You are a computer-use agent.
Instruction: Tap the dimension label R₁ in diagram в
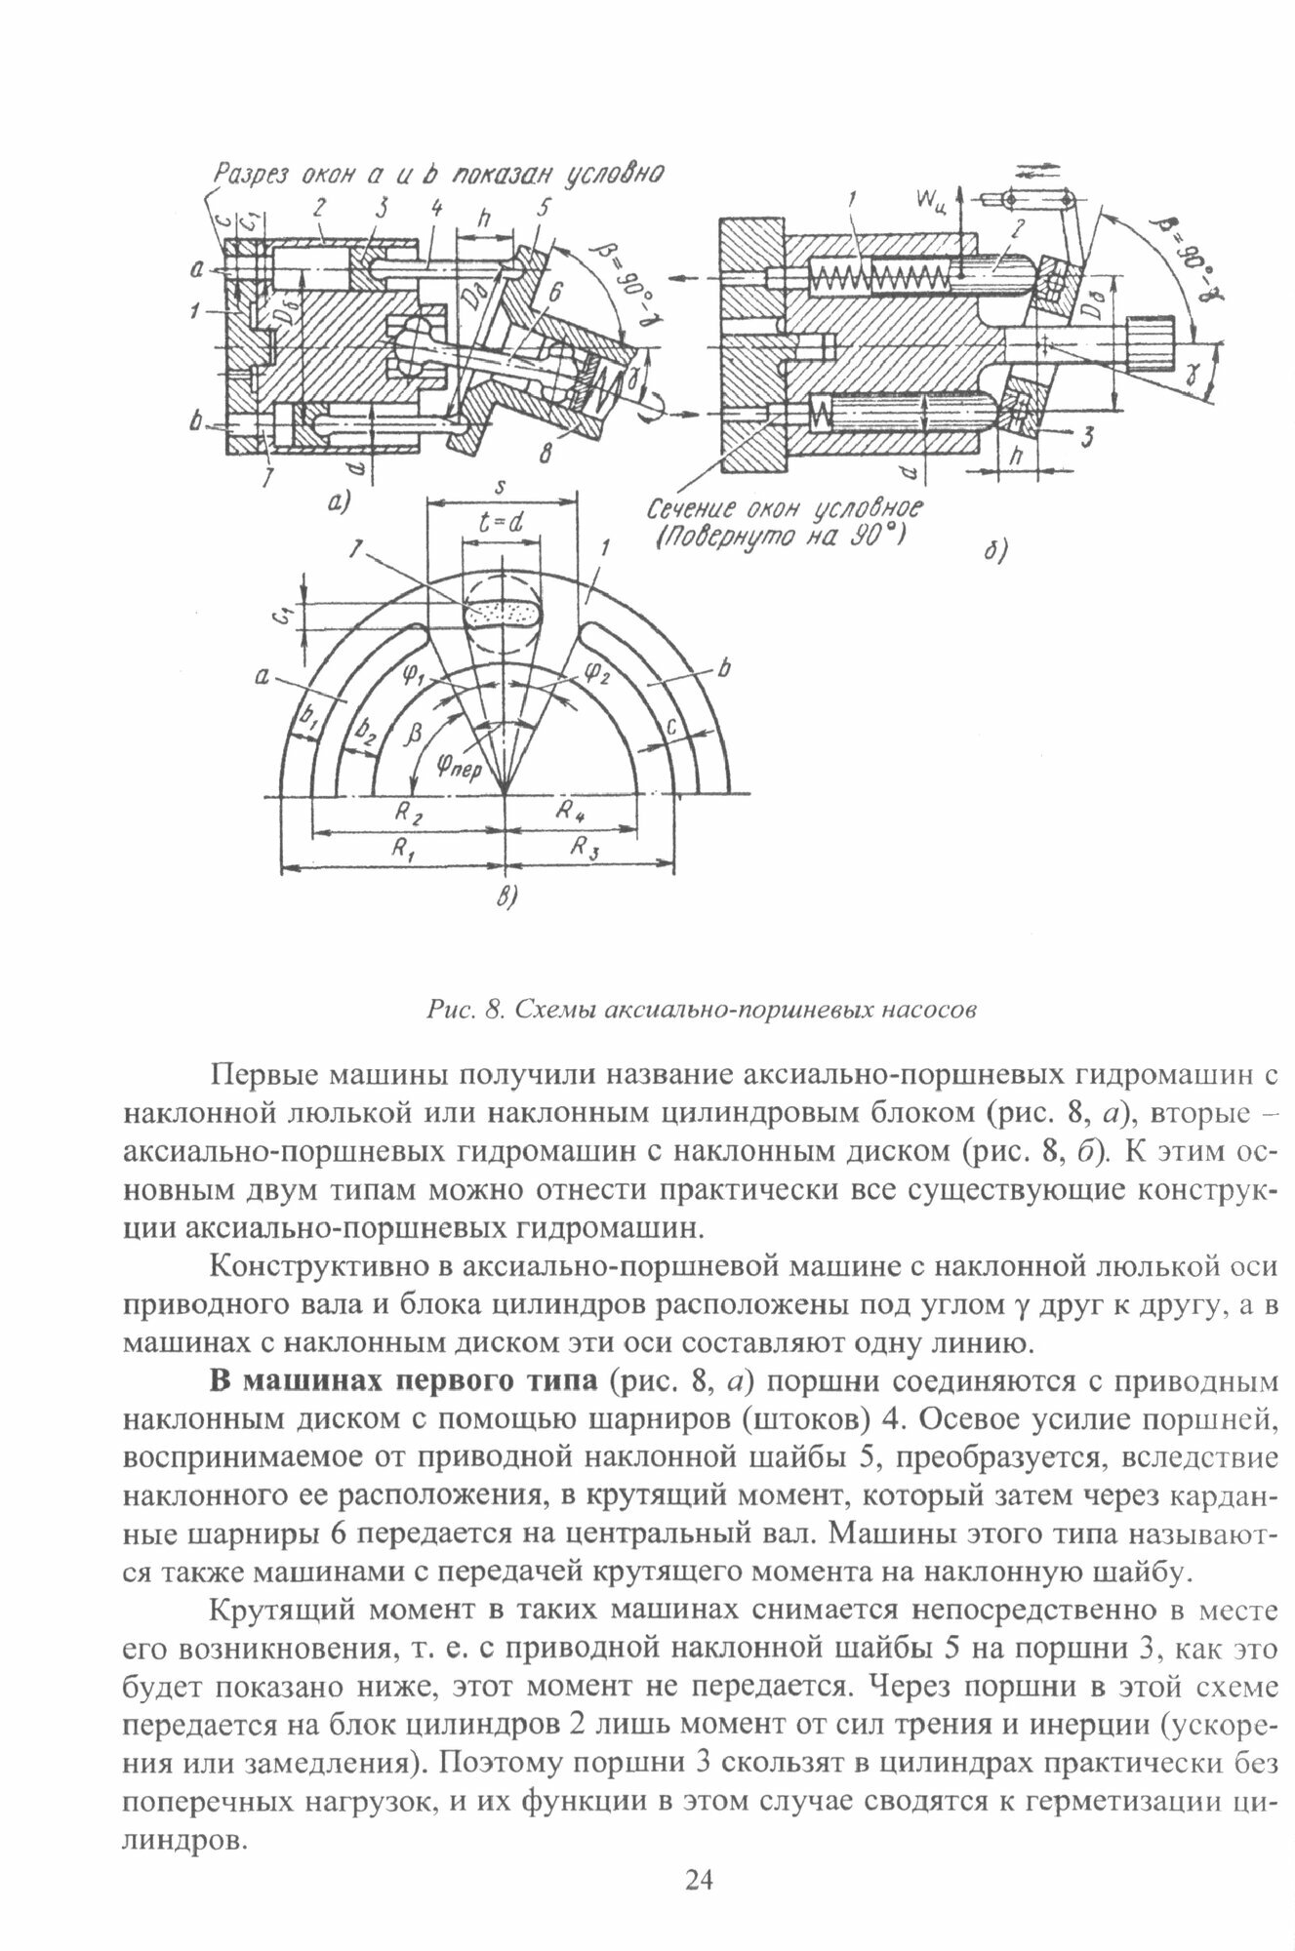[401, 848]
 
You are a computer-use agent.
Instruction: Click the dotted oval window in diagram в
[504, 613]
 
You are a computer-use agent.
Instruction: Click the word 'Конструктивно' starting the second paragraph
[319, 1266]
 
